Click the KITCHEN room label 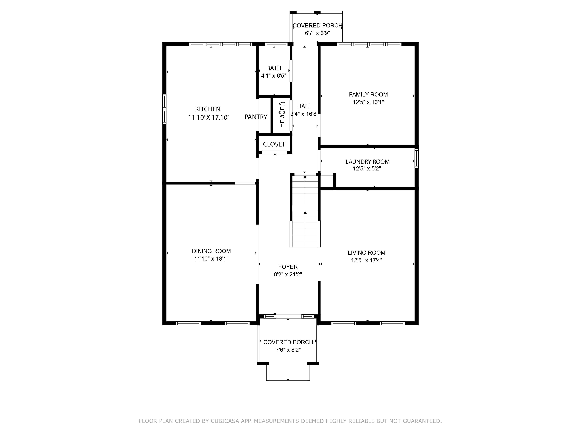tap(208, 109)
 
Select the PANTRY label tap(256, 117)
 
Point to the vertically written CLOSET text tap(282, 115)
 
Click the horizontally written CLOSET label tap(274, 144)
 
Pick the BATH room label tap(274, 68)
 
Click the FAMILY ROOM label tap(368, 95)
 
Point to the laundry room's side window tap(416, 158)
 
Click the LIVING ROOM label tap(366, 253)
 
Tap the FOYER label tap(288, 267)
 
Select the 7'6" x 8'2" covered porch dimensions tap(288, 350)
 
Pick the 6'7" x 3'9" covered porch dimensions tap(317, 33)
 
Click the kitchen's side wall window tap(164, 109)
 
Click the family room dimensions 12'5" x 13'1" tap(368, 102)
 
